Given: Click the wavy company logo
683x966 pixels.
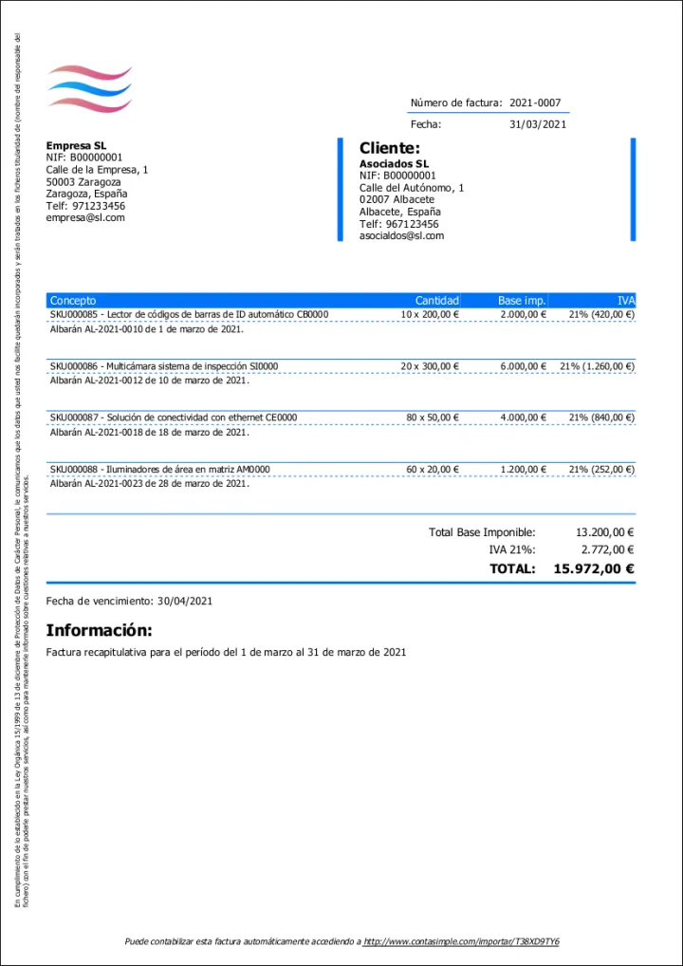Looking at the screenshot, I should [x=89, y=89].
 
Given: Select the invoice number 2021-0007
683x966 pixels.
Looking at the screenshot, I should [x=537, y=102].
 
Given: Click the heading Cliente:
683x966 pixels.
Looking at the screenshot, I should [x=389, y=148].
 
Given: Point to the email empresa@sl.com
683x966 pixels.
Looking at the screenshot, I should [x=85, y=217].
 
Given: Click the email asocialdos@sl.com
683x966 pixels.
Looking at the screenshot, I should [x=401, y=235].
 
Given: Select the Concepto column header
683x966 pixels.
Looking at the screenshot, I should [x=73, y=301].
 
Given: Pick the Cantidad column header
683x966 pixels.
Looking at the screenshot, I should [x=436, y=301].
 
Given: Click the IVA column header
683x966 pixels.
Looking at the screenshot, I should [x=625, y=301].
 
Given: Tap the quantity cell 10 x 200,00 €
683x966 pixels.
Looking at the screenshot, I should [x=430, y=314].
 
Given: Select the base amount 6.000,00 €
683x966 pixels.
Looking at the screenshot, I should [x=523, y=365].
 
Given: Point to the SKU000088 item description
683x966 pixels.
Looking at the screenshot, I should [x=159, y=469].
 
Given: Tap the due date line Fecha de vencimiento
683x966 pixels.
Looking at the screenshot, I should [x=129, y=601].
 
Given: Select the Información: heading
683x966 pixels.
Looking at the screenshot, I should [x=99, y=630].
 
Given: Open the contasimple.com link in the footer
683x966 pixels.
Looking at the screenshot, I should [x=461, y=941].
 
